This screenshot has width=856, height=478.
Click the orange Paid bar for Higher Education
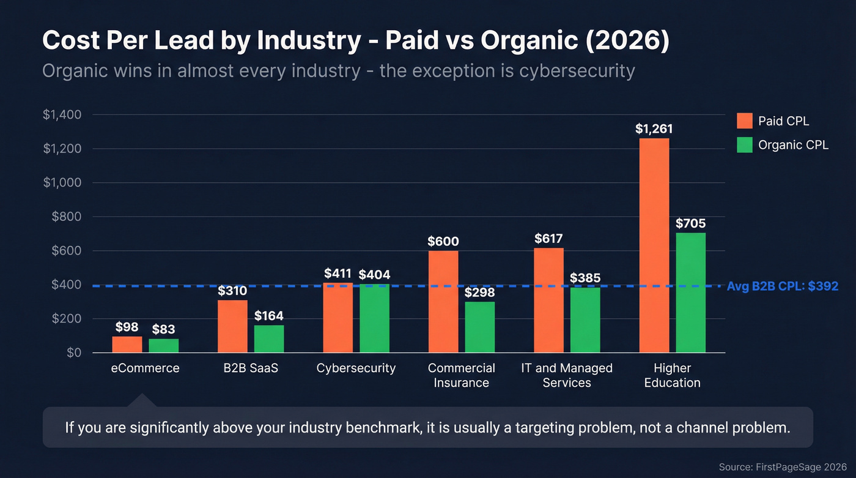(x=654, y=245)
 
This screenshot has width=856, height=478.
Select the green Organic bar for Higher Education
(x=690, y=293)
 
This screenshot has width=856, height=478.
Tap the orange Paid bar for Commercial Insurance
(x=443, y=302)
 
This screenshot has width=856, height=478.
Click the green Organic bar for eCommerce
(x=164, y=346)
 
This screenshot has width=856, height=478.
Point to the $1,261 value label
(x=654, y=129)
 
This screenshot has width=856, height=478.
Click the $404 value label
(x=374, y=274)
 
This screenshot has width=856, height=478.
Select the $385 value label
(x=585, y=278)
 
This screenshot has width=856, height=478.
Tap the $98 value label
(x=127, y=327)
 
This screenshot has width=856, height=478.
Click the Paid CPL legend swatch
(x=744, y=121)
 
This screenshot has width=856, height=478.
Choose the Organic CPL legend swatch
(x=744, y=145)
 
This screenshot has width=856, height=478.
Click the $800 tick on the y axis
(x=65, y=217)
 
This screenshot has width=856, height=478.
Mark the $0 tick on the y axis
(x=73, y=353)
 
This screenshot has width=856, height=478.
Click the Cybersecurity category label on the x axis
(x=356, y=368)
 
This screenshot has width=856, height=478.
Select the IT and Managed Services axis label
(x=567, y=375)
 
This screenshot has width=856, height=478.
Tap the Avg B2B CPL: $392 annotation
(x=782, y=286)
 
